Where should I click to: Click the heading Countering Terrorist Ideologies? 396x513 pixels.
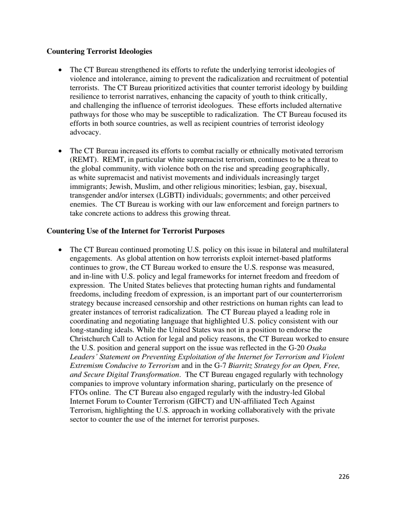click(x=99, y=51)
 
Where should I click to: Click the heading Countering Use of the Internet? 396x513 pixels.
click(x=135, y=231)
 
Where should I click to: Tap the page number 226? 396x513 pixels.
click(x=344, y=477)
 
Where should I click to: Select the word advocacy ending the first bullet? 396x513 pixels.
click(x=85, y=133)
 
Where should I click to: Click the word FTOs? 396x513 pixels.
click(x=80, y=393)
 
